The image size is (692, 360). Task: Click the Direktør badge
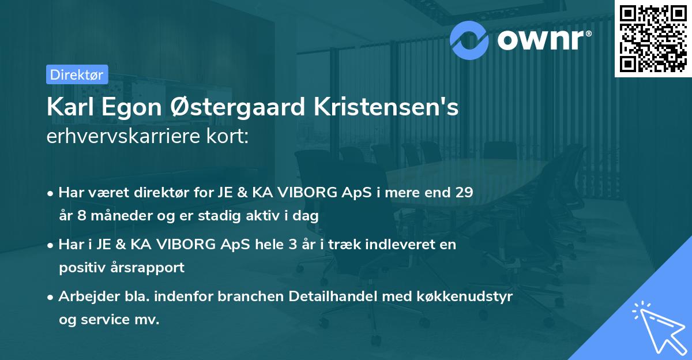pyautogui.click(x=77, y=74)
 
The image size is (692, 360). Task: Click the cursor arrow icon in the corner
pyautogui.click(x=659, y=328)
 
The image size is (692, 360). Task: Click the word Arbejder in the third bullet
pyautogui.click(x=85, y=296)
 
